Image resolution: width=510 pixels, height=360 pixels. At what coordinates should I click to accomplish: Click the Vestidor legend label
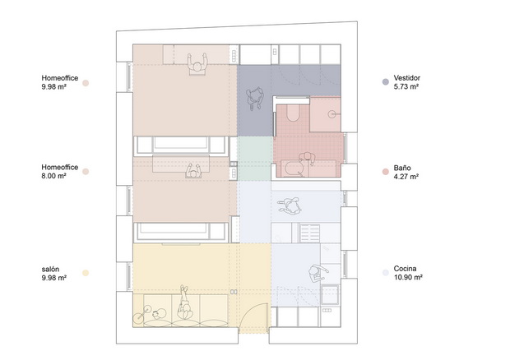click(x=406, y=78)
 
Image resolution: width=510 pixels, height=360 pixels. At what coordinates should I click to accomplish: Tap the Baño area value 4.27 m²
click(x=406, y=177)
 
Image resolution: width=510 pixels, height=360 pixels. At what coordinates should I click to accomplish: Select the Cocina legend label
click(x=405, y=269)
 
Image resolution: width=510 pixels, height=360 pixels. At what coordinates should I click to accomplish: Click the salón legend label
click(x=50, y=270)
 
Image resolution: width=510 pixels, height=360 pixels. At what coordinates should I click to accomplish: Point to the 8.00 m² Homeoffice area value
click(x=54, y=176)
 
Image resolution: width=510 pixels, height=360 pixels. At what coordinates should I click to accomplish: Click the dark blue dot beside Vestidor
click(x=386, y=82)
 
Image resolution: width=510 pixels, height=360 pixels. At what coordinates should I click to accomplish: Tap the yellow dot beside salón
click(x=86, y=273)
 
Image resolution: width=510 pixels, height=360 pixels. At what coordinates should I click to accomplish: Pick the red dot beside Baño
click(x=386, y=172)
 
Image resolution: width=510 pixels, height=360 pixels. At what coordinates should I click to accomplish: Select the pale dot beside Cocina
click(x=386, y=273)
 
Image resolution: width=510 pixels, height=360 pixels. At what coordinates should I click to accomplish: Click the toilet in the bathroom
click(x=293, y=113)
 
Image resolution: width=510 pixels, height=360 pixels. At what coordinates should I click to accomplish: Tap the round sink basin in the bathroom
click(x=331, y=114)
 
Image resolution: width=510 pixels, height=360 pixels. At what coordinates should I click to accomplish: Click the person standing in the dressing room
click(x=255, y=98)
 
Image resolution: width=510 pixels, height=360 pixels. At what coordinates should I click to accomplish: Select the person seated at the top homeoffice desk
click(x=197, y=63)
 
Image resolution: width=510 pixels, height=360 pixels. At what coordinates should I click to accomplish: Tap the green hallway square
click(x=255, y=159)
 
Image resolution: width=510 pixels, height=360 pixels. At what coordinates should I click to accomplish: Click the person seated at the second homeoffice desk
click(x=193, y=171)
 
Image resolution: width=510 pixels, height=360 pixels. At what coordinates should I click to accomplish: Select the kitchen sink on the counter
click(x=330, y=294)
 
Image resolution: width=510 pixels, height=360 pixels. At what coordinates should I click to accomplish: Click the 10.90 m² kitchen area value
click(x=408, y=278)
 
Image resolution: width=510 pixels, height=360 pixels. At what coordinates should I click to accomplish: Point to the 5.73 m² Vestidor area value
click(x=406, y=87)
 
